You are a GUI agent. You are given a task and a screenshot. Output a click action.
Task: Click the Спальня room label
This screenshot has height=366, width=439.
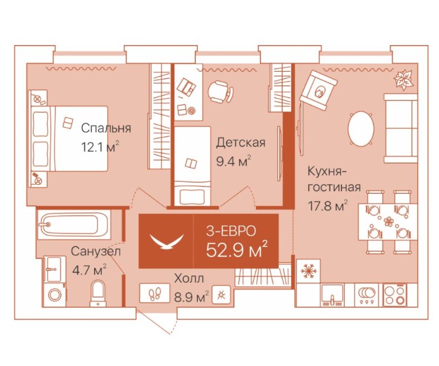click(106, 128)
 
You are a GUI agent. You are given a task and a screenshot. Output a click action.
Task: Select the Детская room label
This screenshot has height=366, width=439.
click(241, 143)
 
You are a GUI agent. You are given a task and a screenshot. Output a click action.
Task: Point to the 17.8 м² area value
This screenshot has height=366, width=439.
click(327, 206)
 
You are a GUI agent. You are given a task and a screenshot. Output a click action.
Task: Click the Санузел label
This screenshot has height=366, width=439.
click(96, 251)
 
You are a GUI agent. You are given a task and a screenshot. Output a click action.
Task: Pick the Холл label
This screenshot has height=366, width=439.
click(189, 279)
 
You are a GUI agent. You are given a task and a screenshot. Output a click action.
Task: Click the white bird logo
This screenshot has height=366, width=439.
click(167, 241)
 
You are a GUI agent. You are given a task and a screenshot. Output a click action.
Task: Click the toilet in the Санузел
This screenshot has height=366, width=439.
click(98, 293)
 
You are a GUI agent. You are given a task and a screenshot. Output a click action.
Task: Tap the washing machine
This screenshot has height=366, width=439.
click(55, 295)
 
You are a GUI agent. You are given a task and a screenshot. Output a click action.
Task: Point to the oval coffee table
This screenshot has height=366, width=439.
click(361, 128)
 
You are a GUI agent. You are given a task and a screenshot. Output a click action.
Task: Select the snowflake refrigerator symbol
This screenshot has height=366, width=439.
click(308, 271)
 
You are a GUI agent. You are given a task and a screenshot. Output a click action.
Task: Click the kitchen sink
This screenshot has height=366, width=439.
click(332, 295)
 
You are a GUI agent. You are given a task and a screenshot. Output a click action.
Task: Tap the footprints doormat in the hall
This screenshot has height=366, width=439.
click(155, 293)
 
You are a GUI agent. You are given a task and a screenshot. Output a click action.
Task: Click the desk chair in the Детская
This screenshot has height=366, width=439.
click(221, 91)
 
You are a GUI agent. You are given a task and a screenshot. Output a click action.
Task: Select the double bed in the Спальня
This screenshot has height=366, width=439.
click(69, 139)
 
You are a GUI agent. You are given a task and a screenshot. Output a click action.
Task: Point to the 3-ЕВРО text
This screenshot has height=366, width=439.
click(231, 231)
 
